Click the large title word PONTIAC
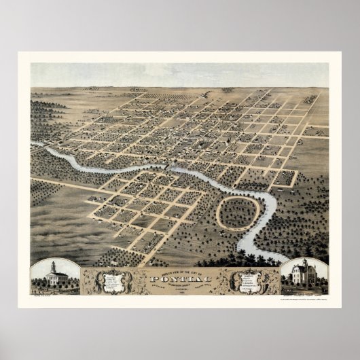point(179,279)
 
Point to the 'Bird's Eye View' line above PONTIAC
point(179,272)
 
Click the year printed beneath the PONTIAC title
point(179,291)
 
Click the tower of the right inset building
point(304,263)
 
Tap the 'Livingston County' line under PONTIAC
point(179,285)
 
